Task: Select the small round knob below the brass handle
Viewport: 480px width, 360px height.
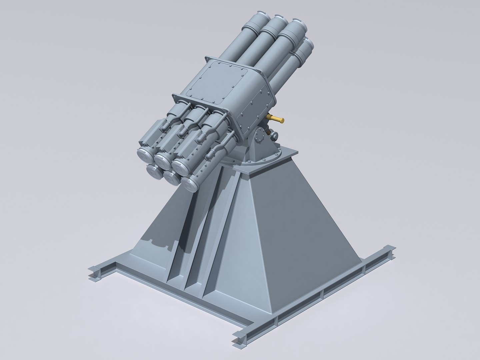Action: pos(274,135)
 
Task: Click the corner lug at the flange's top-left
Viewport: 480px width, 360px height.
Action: pos(206,60)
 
